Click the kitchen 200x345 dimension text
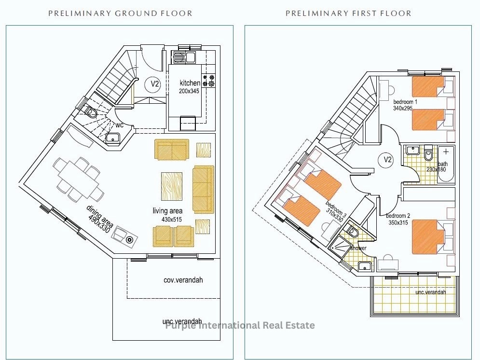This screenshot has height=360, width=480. (189, 91)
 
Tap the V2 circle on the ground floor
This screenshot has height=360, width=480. (155, 83)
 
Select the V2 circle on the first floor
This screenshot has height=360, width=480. (387, 159)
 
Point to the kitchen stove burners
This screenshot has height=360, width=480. (208, 80)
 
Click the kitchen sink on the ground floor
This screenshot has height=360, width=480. (185, 57)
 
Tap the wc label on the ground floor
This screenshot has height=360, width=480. (119, 125)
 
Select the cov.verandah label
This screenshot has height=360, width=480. (183, 280)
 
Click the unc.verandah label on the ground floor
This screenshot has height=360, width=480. (182, 321)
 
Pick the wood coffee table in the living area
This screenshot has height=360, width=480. (172, 186)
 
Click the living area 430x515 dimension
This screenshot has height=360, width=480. (171, 220)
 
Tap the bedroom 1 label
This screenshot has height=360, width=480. (405, 102)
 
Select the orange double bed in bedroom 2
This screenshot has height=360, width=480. (428, 237)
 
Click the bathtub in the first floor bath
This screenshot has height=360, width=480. (446, 165)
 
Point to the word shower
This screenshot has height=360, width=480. (358, 248)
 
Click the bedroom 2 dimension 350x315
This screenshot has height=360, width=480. (398, 222)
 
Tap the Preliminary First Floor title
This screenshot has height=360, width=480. (348, 14)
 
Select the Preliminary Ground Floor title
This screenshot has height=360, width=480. (120, 14)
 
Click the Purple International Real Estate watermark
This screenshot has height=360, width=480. (240, 325)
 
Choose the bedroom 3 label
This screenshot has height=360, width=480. (336, 208)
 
